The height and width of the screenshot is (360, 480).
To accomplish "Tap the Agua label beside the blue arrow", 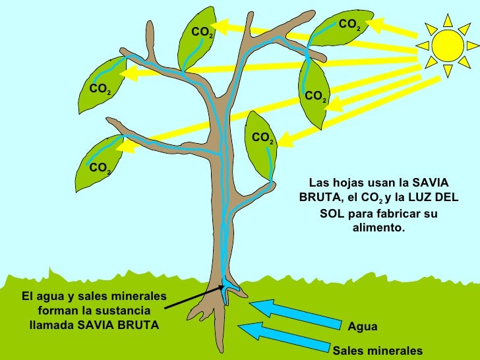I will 363,326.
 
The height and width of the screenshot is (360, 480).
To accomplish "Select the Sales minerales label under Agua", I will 377,351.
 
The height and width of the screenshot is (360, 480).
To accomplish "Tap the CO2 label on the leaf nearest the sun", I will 349,25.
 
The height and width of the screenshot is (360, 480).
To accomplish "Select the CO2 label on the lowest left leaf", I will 100,167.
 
